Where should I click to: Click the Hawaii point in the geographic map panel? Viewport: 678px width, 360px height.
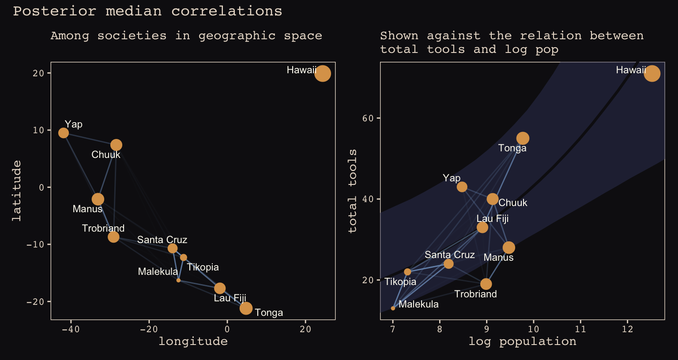click(323, 73)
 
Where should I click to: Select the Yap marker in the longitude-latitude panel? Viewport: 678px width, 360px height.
click(64, 133)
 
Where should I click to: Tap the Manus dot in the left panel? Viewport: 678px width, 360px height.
click(98, 199)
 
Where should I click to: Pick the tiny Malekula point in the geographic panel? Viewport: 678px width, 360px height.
click(178, 280)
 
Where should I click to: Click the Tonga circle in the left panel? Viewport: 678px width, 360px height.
click(246, 308)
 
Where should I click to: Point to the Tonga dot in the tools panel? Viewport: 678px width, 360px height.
click(523, 139)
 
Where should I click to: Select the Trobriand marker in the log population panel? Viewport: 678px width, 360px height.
click(486, 284)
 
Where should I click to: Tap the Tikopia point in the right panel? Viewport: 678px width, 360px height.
click(407, 272)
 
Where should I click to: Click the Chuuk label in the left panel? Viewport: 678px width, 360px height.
click(106, 155)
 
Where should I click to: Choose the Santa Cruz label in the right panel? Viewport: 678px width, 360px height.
click(449, 255)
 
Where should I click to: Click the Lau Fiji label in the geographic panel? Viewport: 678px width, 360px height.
click(230, 298)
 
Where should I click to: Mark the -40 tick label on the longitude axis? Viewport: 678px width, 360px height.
click(71, 329)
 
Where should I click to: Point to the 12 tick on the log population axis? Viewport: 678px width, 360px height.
click(627, 329)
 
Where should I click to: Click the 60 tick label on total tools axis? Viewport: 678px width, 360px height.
click(369, 118)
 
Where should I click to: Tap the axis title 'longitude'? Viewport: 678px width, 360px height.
click(193, 341)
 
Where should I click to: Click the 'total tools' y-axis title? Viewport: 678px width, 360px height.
click(352, 191)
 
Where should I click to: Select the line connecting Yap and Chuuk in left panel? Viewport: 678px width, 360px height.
click(90, 139)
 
